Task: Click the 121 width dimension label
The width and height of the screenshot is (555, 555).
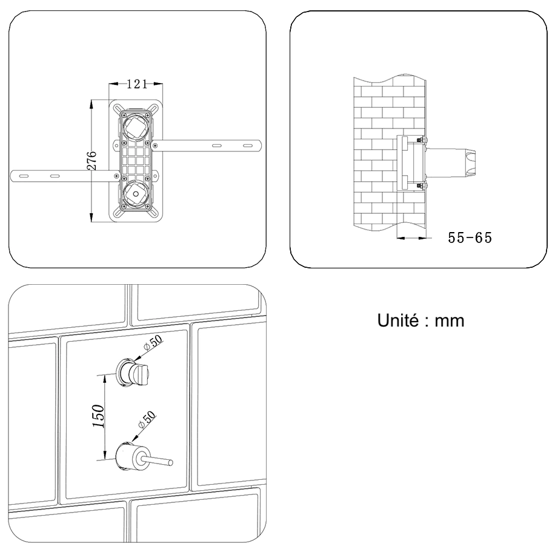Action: click(x=137, y=85)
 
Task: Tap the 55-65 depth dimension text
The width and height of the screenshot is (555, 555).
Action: click(x=470, y=238)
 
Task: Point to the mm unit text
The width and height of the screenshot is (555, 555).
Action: click(x=451, y=321)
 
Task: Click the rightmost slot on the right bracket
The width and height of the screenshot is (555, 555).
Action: click(x=247, y=145)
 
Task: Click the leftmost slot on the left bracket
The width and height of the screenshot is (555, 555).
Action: click(x=24, y=176)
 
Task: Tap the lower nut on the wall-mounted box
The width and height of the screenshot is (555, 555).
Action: click(x=422, y=185)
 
